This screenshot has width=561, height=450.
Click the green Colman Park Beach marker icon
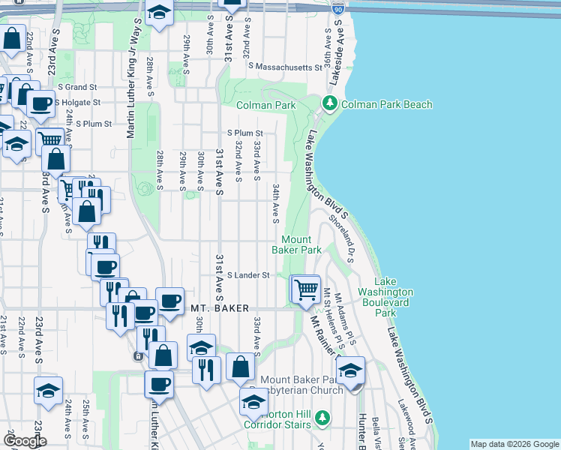click(328, 103)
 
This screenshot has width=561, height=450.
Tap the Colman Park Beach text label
click(386, 104)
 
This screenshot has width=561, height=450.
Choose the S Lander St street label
click(247, 275)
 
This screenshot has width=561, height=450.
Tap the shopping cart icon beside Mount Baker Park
click(305, 288)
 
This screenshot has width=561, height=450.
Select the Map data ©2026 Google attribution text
click(514, 444)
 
